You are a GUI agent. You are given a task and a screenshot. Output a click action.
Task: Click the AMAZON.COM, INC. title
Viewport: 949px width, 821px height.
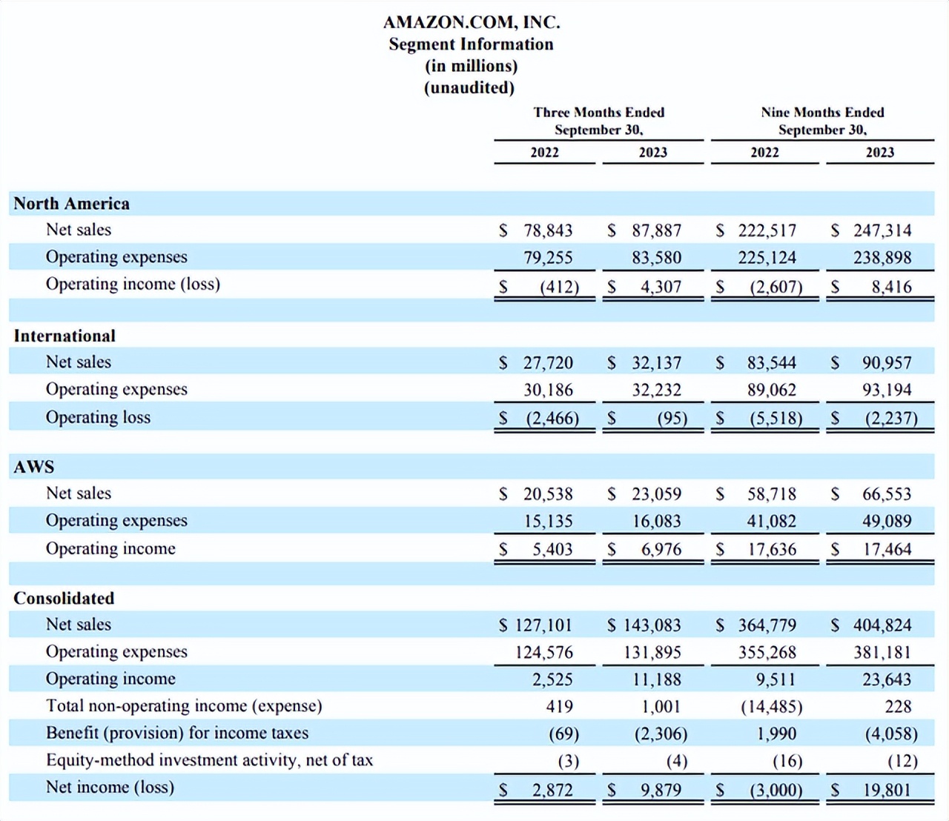(x=472, y=22)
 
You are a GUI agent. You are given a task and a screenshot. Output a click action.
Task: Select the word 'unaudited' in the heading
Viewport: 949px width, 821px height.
(x=469, y=87)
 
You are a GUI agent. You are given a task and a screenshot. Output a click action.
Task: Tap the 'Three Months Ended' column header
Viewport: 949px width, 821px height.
(x=599, y=113)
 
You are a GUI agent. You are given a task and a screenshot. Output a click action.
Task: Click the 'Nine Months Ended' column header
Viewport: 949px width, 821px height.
(x=822, y=113)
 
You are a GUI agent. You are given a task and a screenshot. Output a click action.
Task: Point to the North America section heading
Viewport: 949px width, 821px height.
(x=72, y=203)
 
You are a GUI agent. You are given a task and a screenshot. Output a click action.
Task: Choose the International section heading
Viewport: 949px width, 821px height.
(x=65, y=336)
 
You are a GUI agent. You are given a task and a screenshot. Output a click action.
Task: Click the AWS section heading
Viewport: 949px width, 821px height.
(x=34, y=467)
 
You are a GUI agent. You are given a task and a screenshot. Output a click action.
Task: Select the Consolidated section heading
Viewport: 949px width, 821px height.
(x=64, y=598)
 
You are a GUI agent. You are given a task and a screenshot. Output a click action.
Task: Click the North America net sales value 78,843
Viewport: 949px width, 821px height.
(x=548, y=230)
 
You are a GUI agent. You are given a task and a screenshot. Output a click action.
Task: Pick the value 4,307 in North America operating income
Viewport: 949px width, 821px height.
(x=661, y=287)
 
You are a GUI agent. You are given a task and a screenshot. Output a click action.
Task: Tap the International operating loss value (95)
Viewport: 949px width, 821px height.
(x=672, y=418)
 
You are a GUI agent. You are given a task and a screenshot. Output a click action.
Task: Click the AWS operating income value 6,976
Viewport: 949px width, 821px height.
(x=661, y=549)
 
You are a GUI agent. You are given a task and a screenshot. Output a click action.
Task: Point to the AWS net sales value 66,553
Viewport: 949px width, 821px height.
(x=887, y=493)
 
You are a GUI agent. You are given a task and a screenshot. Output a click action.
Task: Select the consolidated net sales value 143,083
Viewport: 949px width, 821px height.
(x=652, y=625)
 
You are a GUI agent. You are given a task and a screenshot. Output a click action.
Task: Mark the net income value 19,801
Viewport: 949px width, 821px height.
(x=887, y=790)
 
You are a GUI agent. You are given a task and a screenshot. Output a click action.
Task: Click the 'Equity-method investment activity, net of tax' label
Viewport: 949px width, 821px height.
(x=209, y=760)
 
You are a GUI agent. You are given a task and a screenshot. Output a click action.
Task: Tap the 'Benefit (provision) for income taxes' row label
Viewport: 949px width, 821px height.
(x=177, y=733)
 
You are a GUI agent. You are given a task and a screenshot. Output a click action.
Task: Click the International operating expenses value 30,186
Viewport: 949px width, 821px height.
(x=548, y=390)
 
